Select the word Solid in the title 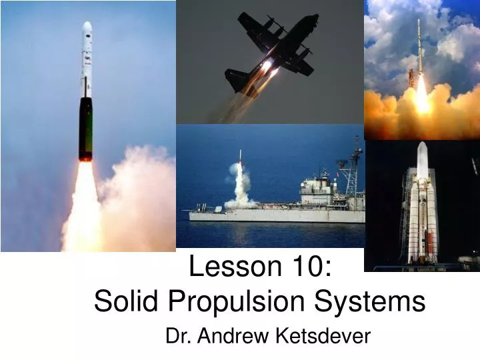[127, 301]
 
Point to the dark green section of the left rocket [85, 127]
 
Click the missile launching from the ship [240, 157]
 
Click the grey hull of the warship [280, 215]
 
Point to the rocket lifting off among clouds [419, 53]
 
